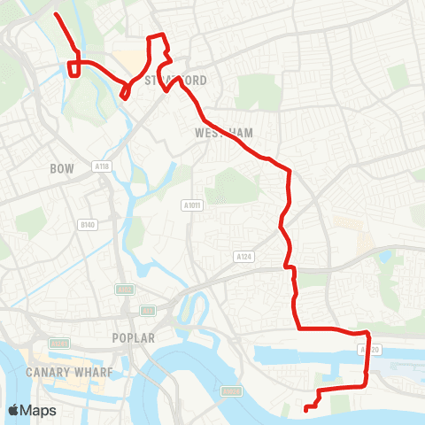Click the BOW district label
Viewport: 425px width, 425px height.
(62, 167)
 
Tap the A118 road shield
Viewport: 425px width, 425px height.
(100, 166)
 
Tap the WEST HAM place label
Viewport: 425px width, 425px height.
(223, 133)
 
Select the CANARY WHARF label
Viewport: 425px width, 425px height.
(71, 372)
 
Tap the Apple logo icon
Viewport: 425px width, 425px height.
(14, 411)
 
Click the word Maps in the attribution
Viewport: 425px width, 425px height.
(40, 411)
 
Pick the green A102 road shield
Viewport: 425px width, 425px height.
(124, 290)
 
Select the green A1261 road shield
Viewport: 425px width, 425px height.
(59, 343)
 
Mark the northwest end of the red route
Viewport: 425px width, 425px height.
(56, 15)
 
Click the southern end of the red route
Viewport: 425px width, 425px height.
(305, 409)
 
